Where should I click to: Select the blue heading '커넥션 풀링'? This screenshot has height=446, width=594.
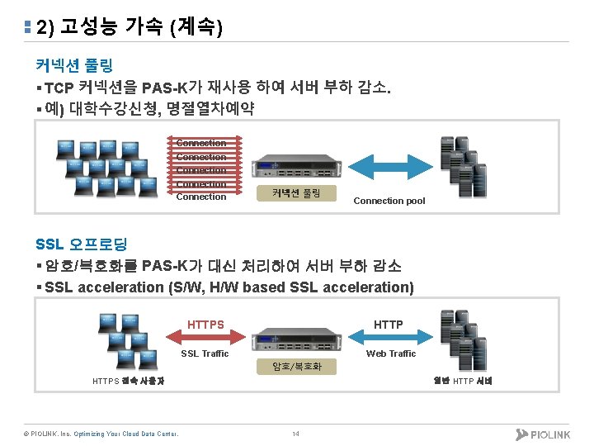click(x=74, y=64)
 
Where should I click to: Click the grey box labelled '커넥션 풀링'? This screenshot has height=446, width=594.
click(x=295, y=193)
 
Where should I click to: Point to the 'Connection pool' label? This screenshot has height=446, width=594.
click(x=389, y=201)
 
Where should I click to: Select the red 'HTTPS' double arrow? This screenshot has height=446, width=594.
click(x=205, y=334)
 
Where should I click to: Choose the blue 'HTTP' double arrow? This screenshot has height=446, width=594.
click(x=389, y=334)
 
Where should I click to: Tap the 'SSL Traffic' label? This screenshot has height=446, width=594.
click(x=205, y=353)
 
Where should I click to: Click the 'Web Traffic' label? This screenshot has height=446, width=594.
click(x=391, y=353)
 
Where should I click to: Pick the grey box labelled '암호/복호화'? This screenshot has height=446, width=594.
click(x=297, y=366)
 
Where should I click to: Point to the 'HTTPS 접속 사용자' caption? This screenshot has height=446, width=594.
click(x=129, y=381)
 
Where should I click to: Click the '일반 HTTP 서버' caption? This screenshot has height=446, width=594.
click(x=463, y=381)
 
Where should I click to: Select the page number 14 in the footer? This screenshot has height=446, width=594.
click(x=295, y=434)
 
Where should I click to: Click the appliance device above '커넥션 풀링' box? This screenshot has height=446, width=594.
click(x=295, y=168)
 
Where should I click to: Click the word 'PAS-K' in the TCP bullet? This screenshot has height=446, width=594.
click(x=165, y=88)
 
